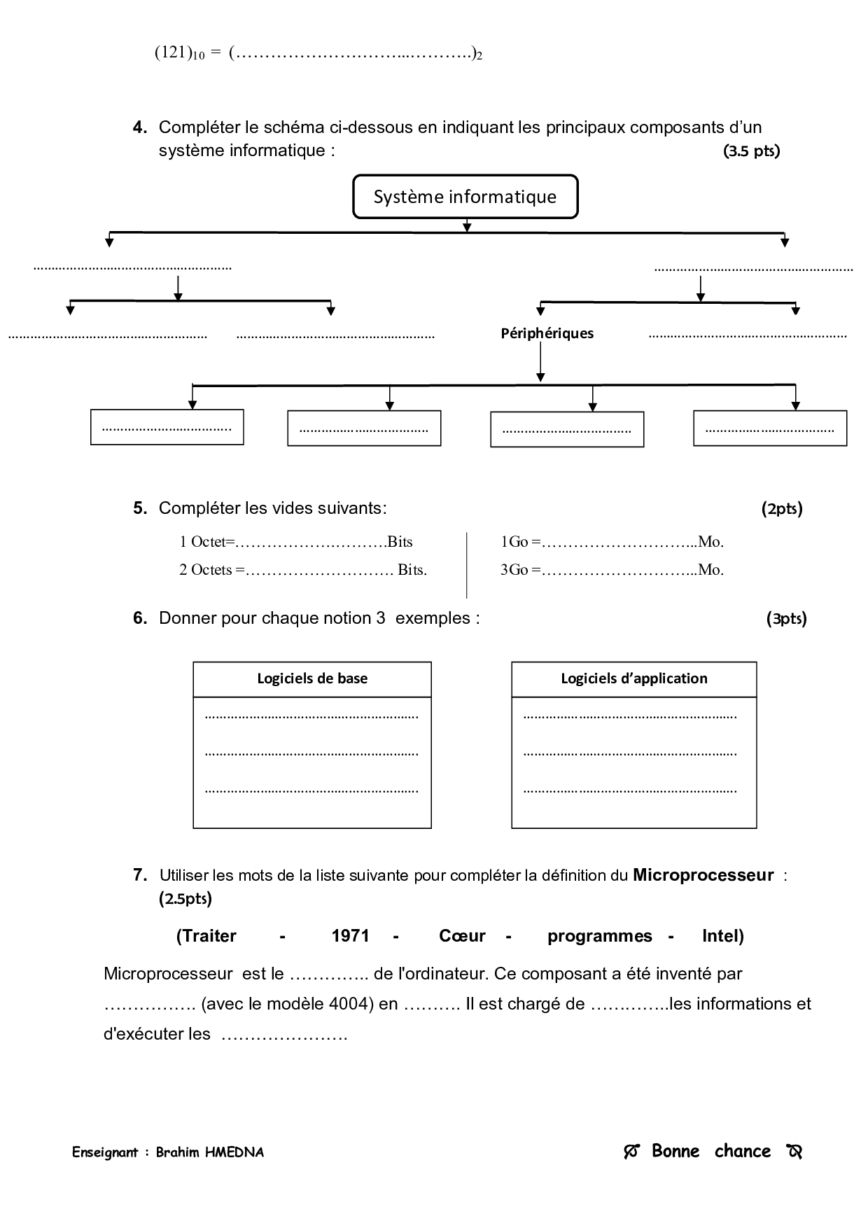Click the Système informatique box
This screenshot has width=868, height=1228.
pos(465,197)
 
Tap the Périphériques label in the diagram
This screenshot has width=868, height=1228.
pos(547,333)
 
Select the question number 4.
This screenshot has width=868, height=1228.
pos(140,127)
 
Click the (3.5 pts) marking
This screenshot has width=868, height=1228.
pos(751,151)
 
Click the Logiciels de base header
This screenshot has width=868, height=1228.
pos(312,678)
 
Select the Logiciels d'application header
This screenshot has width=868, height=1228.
pos(633,678)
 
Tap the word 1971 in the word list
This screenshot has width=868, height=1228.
pos(350,936)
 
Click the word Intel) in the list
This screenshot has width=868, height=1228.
pos(722,936)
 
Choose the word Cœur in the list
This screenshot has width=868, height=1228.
pos(462,936)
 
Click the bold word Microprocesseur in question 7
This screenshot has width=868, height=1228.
pos(703,875)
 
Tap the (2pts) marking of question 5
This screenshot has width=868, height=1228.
pos(782,509)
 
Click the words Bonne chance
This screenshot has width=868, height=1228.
pos(710,1151)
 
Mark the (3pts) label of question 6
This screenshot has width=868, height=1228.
pos(786,619)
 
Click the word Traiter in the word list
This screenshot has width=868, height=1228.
pos(206,936)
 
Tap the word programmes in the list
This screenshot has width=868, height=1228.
pos(599,936)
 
